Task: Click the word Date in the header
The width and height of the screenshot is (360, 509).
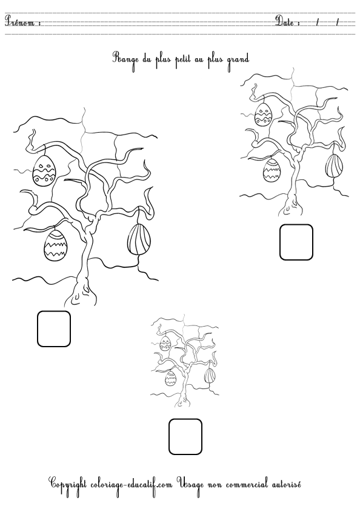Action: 286,22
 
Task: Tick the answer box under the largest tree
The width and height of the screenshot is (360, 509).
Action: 54,328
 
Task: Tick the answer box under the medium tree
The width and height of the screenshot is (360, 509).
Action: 296,242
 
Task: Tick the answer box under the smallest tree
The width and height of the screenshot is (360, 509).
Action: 185,436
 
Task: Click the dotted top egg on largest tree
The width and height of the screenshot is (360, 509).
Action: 44,170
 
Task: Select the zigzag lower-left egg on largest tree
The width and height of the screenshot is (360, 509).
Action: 55,245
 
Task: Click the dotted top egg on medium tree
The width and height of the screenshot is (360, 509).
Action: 263,113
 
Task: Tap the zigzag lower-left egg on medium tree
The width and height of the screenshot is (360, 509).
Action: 272,170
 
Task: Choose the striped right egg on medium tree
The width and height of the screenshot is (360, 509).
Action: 335,165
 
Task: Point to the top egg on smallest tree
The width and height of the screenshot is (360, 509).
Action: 165,345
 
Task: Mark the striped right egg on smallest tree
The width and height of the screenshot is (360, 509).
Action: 209,375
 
